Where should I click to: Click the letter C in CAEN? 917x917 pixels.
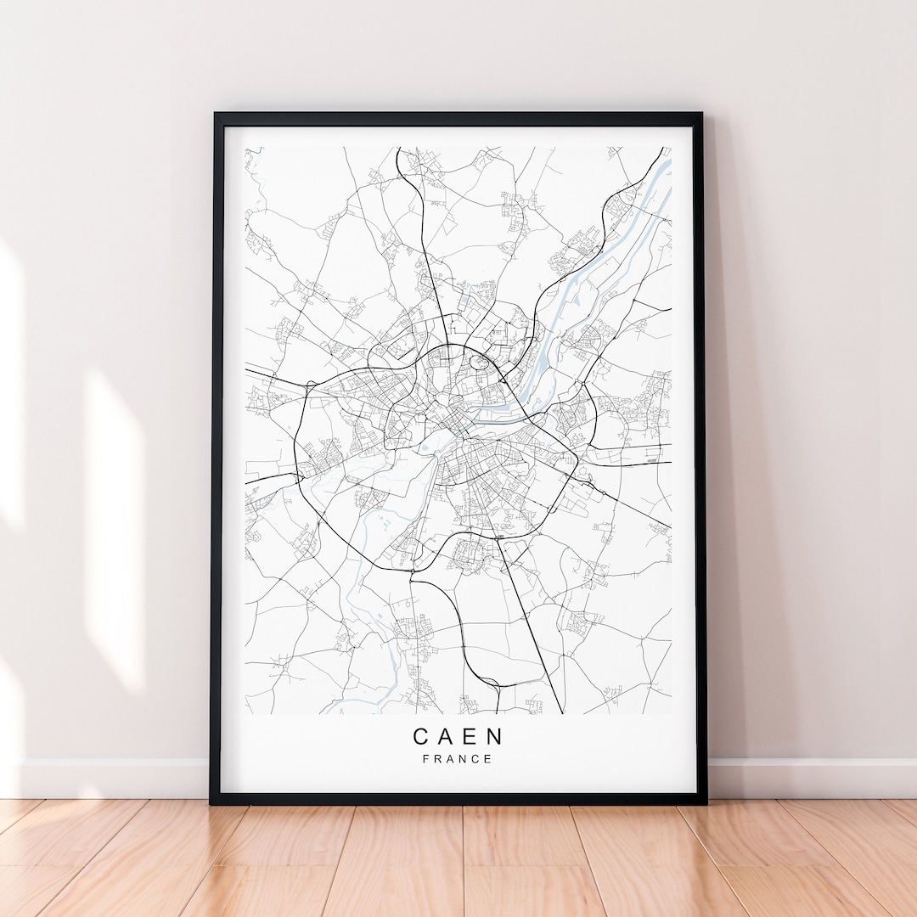tap(421, 736)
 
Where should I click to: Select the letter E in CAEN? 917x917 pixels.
tap(470, 736)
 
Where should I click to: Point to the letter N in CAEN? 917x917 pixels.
tap(495, 736)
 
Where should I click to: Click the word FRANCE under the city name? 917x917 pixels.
tap(458, 759)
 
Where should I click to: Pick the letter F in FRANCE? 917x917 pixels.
tap(425, 759)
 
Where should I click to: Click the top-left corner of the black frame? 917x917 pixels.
tap(217, 115)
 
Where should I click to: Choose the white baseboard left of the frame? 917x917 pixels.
tap(110, 778)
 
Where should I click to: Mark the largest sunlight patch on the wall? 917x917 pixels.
tap(115, 526)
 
